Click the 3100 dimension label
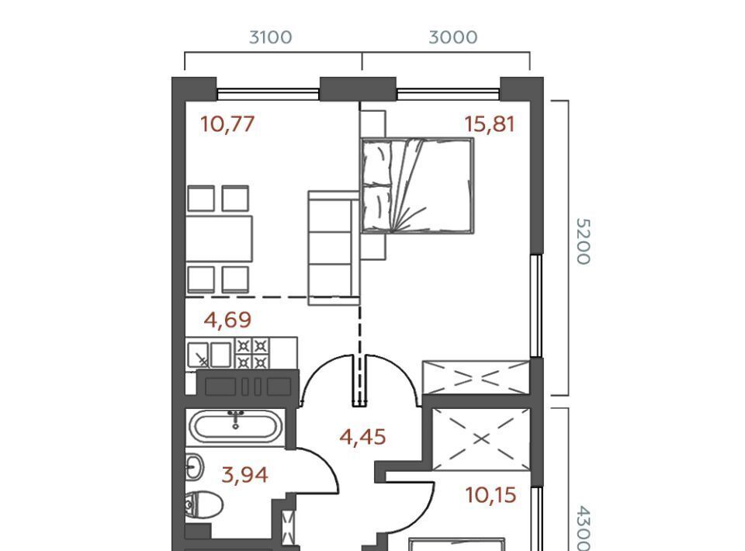coord(270,37)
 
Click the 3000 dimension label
coord(452,37)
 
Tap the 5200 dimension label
coord(583,241)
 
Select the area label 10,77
coord(227,124)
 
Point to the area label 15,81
coord(490,124)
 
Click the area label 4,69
coord(227,320)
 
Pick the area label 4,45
coord(362,437)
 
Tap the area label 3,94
coord(244,474)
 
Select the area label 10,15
coord(490,495)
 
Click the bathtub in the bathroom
coord(236,426)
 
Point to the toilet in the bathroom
coord(203,505)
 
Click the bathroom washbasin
coord(194,466)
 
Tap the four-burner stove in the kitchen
coord(251,354)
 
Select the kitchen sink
coord(209,355)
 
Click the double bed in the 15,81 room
coord(418,185)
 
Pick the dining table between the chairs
coord(219,238)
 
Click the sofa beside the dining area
coord(334,248)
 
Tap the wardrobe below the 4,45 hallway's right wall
coord(481,439)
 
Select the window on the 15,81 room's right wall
coord(536,306)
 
